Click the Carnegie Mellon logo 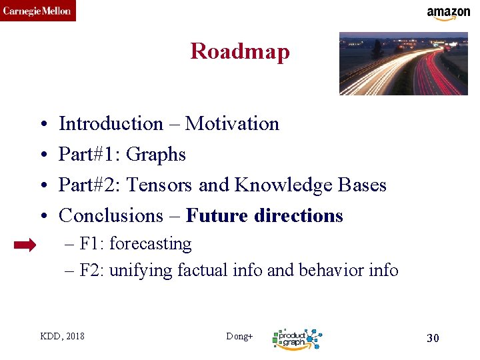click(x=37, y=11)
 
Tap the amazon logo click(x=448, y=13)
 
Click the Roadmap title click(x=240, y=51)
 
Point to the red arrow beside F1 click(x=25, y=245)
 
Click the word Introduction click(x=111, y=123)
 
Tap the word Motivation click(x=232, y=123)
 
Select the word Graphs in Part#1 click(x=155, y=154)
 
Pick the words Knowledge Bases click(x=310, y=185)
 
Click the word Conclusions click(x=111, y=215)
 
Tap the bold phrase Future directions click(x=265, y=215)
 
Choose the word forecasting click(x=150, y=244)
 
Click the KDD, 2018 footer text click(x=62, y=336)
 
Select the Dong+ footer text click(x=239, y=336)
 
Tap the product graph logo click(x=297, y=339)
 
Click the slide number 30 click(x=433, y=338)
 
